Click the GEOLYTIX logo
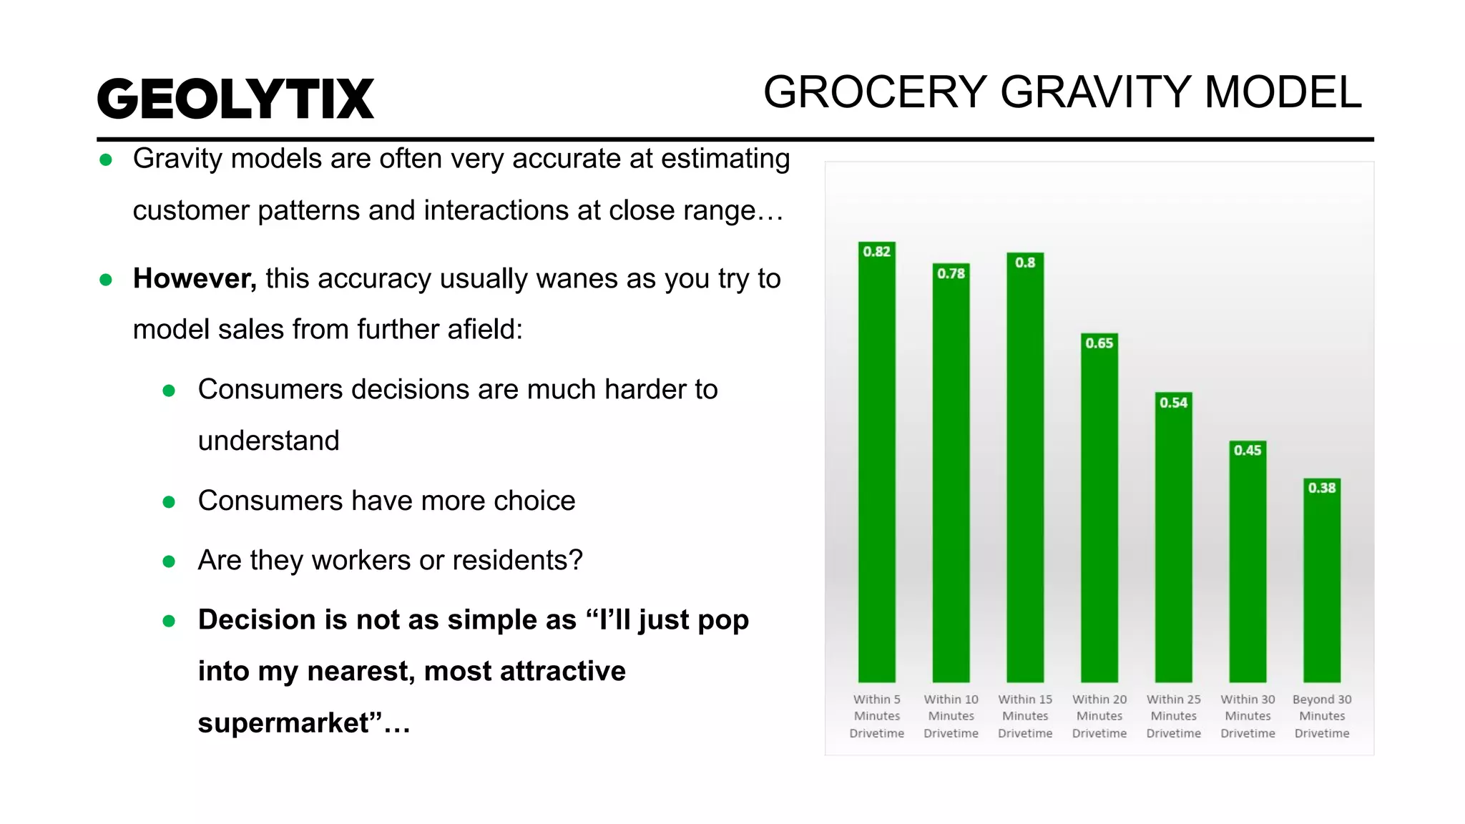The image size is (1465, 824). click(235, 99)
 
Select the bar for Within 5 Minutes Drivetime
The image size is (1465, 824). click(876, 465)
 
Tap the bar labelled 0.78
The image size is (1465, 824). click(951, 476)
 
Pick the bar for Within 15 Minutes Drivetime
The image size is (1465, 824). click(1025, 469)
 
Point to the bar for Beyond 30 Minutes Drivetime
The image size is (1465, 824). click(1322, 583)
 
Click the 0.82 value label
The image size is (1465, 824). click(876, 252)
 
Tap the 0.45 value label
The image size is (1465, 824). click(1248, 451)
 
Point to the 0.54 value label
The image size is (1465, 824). click(1173, 403)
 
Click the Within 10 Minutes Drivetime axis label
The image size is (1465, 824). click(951, 716)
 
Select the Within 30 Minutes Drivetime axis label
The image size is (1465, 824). click(1248, 716)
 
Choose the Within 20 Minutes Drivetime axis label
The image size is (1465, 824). click(1099, 716)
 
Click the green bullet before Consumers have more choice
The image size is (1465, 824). click(169, 502)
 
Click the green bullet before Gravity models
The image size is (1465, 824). click(106, 160)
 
